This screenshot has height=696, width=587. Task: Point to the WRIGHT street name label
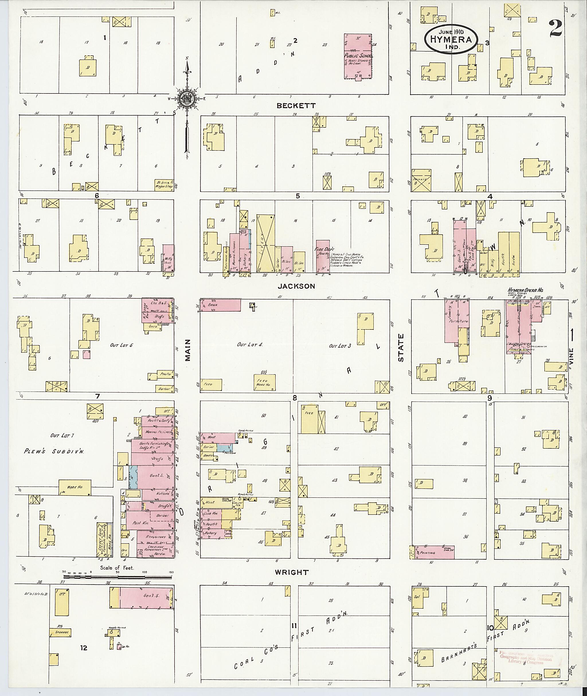[291, 572]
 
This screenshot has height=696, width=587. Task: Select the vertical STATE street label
[400, 348]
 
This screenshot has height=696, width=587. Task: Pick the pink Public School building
[358, 56]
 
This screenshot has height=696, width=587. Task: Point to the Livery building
[265, 243]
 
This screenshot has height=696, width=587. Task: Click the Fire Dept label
[326, 249]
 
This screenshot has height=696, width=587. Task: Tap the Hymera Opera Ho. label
[525, 290]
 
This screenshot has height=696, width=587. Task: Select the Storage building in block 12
[60, 632]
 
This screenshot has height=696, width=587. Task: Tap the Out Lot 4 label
[250, 345]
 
